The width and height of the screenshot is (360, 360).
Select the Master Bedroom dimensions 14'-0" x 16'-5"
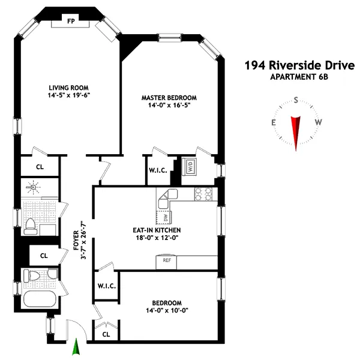coord(169,105)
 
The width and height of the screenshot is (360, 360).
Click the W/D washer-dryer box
coord(189,167)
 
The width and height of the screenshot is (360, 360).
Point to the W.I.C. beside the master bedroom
coord(157,170)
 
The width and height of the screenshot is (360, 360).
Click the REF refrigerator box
coord(167,261)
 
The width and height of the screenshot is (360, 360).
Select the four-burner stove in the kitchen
coord(204,194)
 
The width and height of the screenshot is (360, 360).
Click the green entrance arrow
coord(76,348)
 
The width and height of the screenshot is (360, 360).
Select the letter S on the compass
coord(296,101)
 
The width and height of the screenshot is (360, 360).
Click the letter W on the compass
coord(319,122)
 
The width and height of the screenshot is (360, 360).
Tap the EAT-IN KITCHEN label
coord(157,230)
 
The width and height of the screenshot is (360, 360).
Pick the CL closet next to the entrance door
coord(106,334)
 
